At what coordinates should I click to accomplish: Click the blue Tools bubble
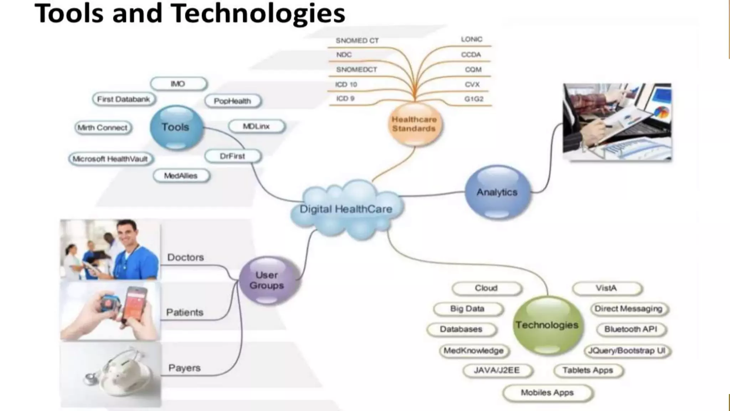tap(176, 127)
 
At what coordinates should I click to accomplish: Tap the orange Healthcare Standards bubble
tap(414, 124)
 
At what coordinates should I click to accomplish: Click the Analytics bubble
tap(497, 192)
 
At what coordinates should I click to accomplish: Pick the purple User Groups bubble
tap(267, 280)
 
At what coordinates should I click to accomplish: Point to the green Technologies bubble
tap(547, 325)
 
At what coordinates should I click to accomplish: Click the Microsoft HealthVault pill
tap(110, 159)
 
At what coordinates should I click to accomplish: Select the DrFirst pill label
tap(232, 156)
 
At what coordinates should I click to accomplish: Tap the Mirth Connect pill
tap(103, 128)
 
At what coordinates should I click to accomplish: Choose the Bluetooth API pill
tap(631, 329)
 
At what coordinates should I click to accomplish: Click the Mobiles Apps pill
tap(547, 393)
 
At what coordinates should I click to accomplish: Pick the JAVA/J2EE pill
tap(497, 370)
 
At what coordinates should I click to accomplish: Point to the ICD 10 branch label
tap(346, 85)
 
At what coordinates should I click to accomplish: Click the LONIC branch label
tap(471, 39)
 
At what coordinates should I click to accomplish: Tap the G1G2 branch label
tap(474, 99)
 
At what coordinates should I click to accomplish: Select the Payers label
tap(184, 368)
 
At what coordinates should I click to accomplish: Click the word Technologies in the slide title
tap(258, 14)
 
